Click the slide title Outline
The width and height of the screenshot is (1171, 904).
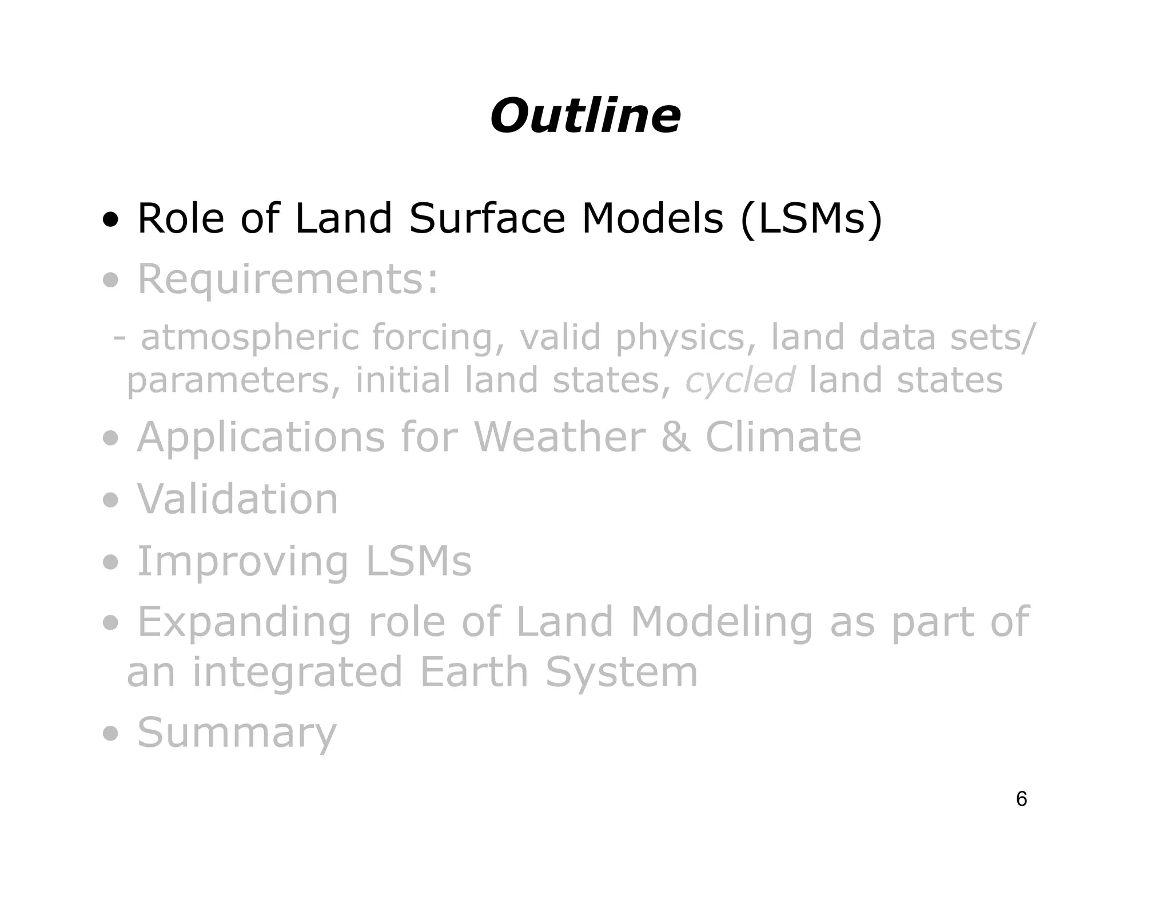pyautogui.click(x=585, y=116)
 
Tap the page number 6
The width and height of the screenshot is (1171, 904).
pyautogui.click(x=1021, y=799)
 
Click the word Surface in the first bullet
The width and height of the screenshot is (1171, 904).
pyautogui.click(x=487, y=219)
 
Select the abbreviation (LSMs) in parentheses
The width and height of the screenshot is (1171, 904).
pyautogui.click(x=811, y=219)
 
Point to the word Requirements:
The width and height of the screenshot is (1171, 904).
pyautogui.click(x=288, y=280)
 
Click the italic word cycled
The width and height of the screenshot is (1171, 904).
pyautogui.click(x=740, y=380)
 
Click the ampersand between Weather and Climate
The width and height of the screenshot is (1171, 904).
pyautogui.click(x=675, y=437)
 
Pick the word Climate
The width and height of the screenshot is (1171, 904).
pyautogui.click(x=783, y=437)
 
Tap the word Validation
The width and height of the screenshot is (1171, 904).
pyautogui.click(x=237, y=499)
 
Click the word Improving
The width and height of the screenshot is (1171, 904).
pyautogui.click(x=242, y=562)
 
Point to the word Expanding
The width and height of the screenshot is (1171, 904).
pyautogui.click(x=244, y=623)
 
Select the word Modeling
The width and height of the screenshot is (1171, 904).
pyautogui.click(x=721, y=623)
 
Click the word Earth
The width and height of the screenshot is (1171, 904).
pyautogui.click(x=474, y=673)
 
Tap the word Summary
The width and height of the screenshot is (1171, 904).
pyautogui.click(x=237, y=733)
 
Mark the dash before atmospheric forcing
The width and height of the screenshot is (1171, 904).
pyautogui.click(x=119, y=338)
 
